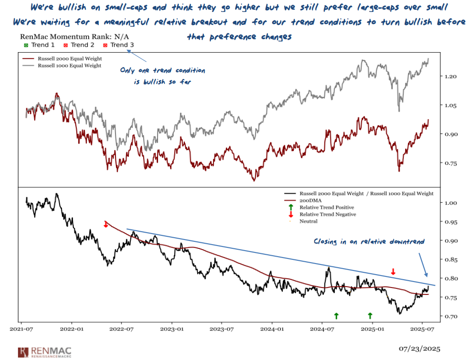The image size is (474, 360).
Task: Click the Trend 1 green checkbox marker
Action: pos(26,45)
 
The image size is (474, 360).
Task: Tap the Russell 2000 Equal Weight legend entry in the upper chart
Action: pos(69,59)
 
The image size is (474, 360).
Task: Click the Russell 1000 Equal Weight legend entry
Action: pos(69,66)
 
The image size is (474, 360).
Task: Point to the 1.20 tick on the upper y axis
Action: pos(451,76)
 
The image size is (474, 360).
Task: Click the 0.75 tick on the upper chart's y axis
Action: pos(451,163)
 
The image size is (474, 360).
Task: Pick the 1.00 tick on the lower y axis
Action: pos(451,203)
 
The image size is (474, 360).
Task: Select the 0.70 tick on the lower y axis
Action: pos(451,317)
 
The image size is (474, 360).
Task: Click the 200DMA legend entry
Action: pos(310,201)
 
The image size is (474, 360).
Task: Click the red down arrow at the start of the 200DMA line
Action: pos(106,224)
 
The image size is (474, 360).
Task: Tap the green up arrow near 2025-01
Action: pos(370,316)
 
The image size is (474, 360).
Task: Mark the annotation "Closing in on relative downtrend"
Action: pos(369,241)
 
